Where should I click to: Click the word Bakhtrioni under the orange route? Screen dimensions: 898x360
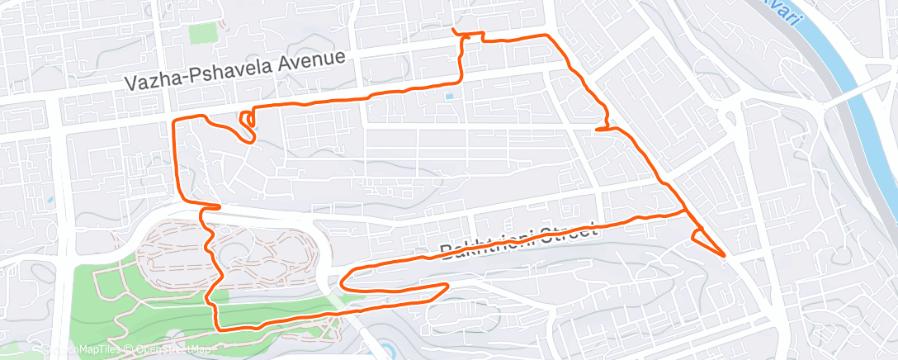pyautogui.click(x=483, y=242)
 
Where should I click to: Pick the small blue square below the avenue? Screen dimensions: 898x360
pyautogui.click(x=449, y=96)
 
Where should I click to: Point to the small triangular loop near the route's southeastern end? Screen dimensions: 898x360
pyautogui.click(x=700, y=237)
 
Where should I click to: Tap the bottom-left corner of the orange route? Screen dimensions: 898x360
pyautogui.click(x=218, y=328)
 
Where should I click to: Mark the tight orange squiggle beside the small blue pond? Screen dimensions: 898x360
pyautogui.click(x=246, y=123)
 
